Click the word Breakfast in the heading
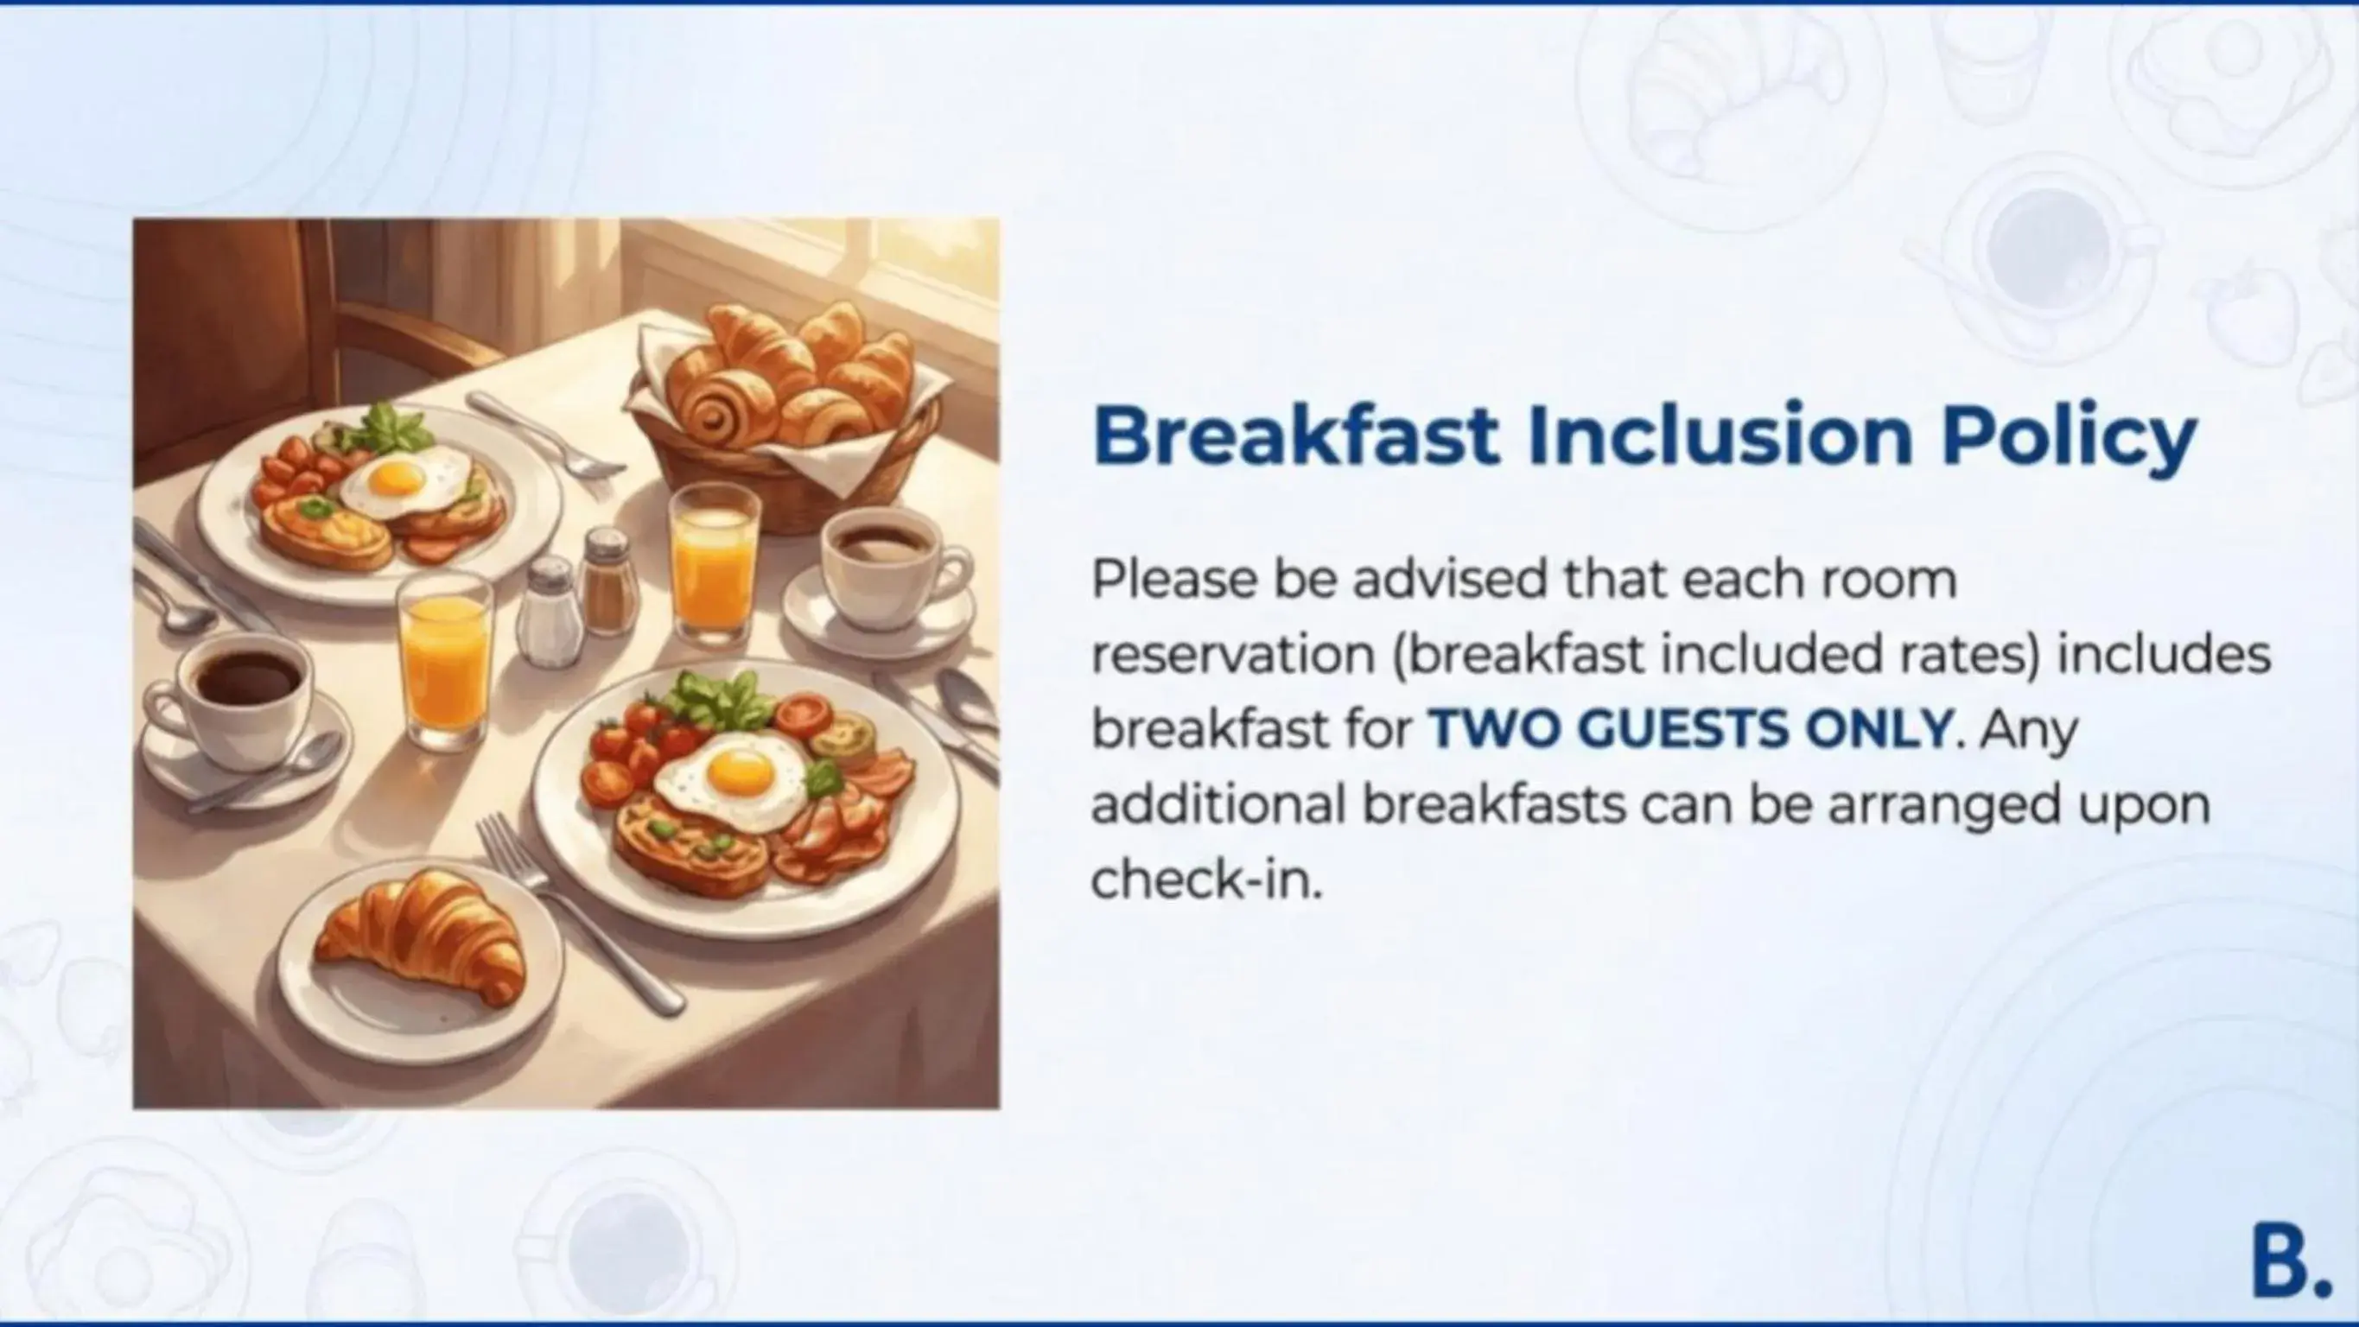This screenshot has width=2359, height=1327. click(x=1295, y=436)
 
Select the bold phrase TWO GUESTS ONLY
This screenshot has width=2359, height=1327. click(x=1689, y=729)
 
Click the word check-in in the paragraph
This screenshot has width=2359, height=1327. click(x=1206, y=880)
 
